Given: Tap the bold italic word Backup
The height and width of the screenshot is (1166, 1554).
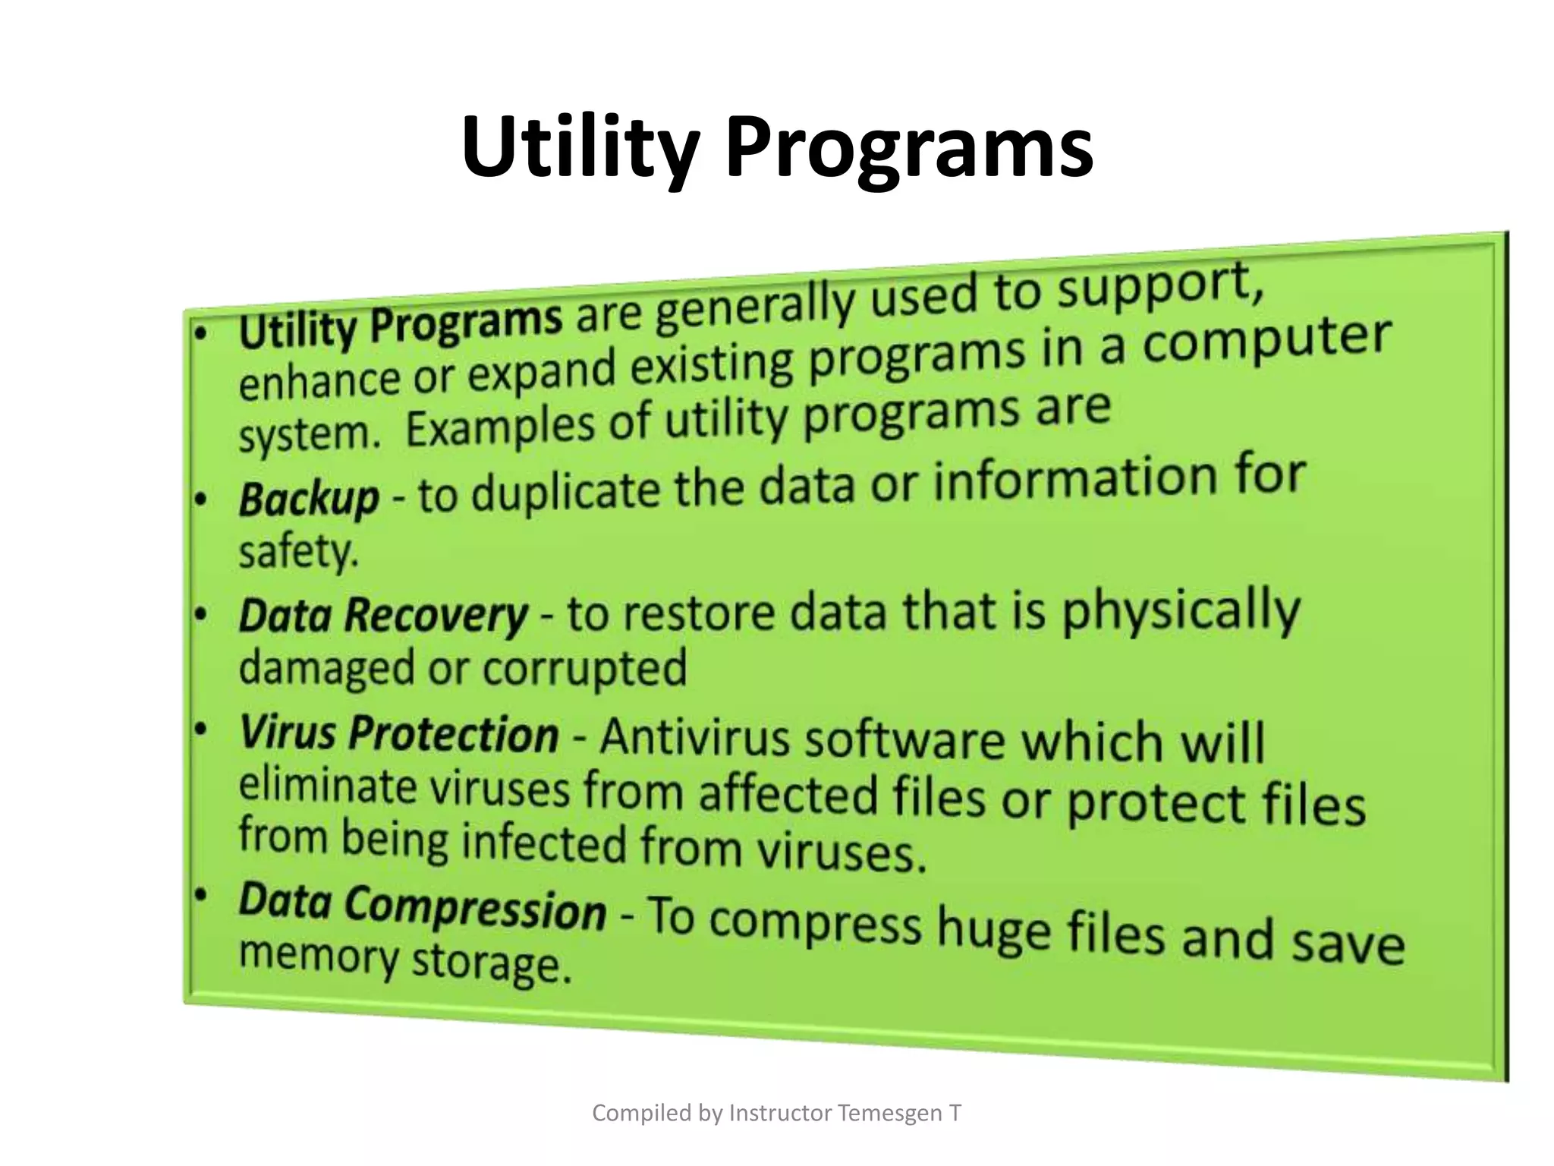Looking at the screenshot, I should pos(309,499).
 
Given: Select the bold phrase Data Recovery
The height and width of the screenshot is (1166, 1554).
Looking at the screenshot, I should pos(382,615).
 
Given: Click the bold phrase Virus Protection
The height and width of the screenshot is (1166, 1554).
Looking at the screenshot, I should pos(399,735).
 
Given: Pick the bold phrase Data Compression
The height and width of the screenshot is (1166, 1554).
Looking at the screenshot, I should pos(422,906).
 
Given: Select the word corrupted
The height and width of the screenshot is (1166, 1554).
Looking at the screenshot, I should pos(584,669).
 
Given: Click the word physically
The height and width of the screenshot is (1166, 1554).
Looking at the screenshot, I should pos(1181,612).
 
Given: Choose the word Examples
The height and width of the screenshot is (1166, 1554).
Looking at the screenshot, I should pos(499,427).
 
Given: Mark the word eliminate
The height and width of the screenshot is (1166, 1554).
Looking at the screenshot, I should pos(328,785).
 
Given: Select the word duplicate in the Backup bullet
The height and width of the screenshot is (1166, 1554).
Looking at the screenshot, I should pos(565,492).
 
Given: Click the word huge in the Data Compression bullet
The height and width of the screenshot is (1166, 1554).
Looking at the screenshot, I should pos(993,929).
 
